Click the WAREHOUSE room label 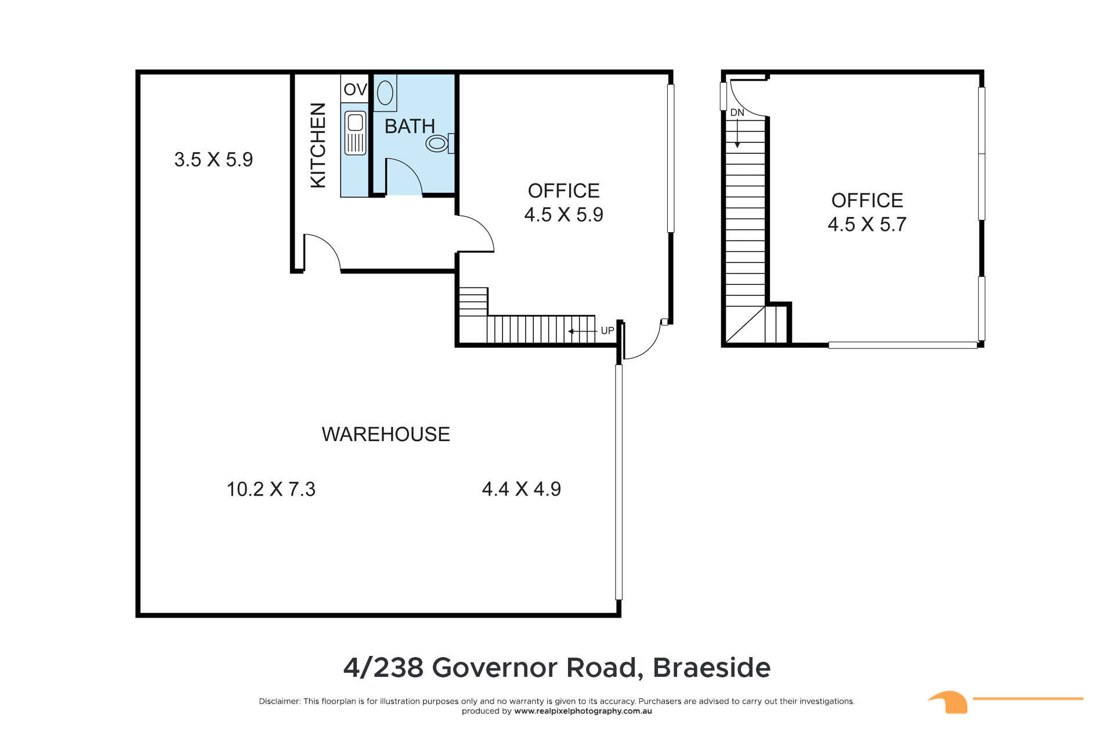pos(386,434)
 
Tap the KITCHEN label pos(318,146)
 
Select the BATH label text pos(410,126)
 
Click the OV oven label pos(355,89)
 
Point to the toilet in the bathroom pos(440,143)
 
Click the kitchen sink pos(356,133)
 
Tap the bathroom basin pos(385,93)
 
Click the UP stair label pos(607,331)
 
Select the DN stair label pos(737,113)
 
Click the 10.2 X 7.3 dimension pos(271,489)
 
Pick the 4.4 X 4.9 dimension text pos(522,489)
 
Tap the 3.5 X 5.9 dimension pos(214,160)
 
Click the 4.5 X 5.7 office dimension pos(867,225)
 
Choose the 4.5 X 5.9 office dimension pos(563,215)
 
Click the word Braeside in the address pos(712,668)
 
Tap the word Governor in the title pos(494,668)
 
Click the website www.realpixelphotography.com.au pos(583,711)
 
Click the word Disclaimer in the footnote pos(280,701)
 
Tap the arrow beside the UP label pos(582,331)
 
